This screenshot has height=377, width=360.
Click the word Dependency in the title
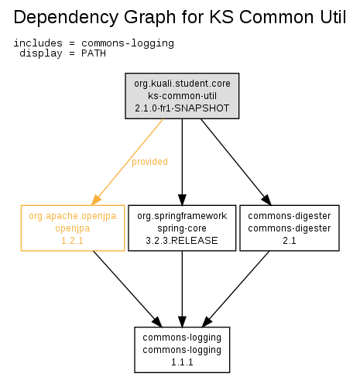pyautogui.click(x=66, y=18)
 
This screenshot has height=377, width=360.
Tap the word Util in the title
pyautogui.click(x=333, y=17)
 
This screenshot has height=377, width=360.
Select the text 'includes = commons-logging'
pyautogui.click(x=94, y=43)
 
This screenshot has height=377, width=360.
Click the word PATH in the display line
pyautogui.click(x=94, y=53)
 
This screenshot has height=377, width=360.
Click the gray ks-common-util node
pyautogui.click(x=182, y=96)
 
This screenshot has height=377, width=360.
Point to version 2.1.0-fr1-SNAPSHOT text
pyautogui.click(x=182, y=108)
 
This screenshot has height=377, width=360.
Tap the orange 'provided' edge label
pyautogui.click(x=149, y=162)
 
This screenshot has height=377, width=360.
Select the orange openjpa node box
pyautogui.click(x=73, y=228)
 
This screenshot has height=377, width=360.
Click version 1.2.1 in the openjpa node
pyautogui.click(x=72, y=241)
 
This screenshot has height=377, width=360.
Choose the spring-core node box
pyautogui.click(x=182, y=228)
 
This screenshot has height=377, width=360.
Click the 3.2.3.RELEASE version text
pyautogui.click(x=182, y=241)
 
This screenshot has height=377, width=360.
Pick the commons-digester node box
pyautogui.click(x=290, y=228)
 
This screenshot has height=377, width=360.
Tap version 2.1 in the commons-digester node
pyautogui.click(x=290, y=241)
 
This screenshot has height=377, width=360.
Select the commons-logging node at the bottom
pyautogui.click(x=182, y=350)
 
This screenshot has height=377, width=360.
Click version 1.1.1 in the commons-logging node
pyautogui.click(x=182, y=362)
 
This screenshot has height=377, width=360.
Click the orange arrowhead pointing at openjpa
pyautogui.click(x=96, y=200)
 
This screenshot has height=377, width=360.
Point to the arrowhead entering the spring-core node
pyautogui.click(x=182, y=200)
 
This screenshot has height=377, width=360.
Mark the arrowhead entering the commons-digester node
pyautogui.click(x=266, y=200)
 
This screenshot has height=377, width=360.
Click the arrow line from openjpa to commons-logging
pyautogui.click(x=128, y=289)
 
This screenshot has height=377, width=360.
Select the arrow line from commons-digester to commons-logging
pyautogui.click(x=235, y=289)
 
